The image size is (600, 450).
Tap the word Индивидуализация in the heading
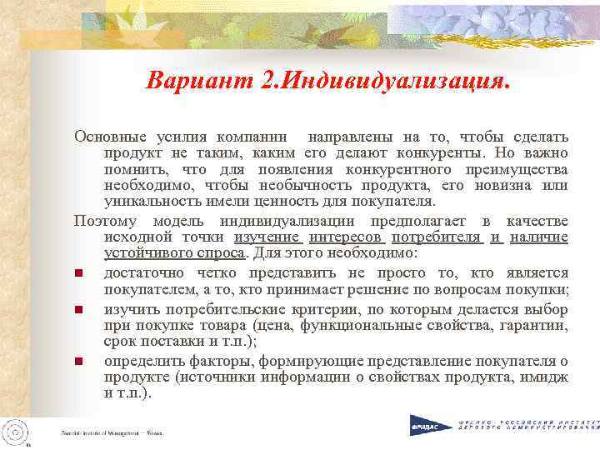point(395,82)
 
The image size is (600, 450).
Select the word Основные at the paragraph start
point(106,135)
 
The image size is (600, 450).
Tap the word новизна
point(507,185)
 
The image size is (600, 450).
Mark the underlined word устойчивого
point(147,252)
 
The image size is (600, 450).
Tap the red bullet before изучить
point(77,310)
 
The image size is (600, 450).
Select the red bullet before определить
point(77,362)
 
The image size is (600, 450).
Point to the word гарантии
point(537,326)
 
